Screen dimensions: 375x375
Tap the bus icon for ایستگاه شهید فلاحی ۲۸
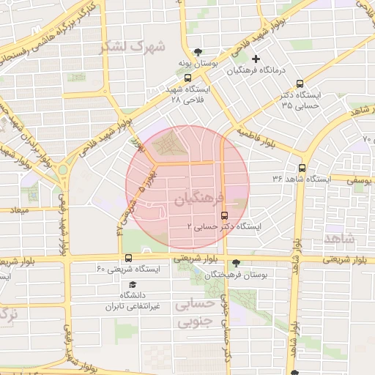click(x=188, y=78)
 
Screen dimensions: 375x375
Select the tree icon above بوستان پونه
click(x=198, y=51)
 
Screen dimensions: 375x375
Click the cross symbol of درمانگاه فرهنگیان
click(x=256, y=59)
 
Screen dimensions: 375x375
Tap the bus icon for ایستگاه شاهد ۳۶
click(x=313, y=178)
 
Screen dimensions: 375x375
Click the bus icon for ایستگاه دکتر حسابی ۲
click(x=224, y=215)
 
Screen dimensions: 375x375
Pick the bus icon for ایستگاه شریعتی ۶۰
click(x=129, y=258)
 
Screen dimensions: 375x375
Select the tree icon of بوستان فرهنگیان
click(x=235, y=262)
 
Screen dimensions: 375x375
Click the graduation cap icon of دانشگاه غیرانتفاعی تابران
click(x=133, y=284)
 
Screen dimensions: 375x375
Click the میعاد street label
click(x=18, y=210)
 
